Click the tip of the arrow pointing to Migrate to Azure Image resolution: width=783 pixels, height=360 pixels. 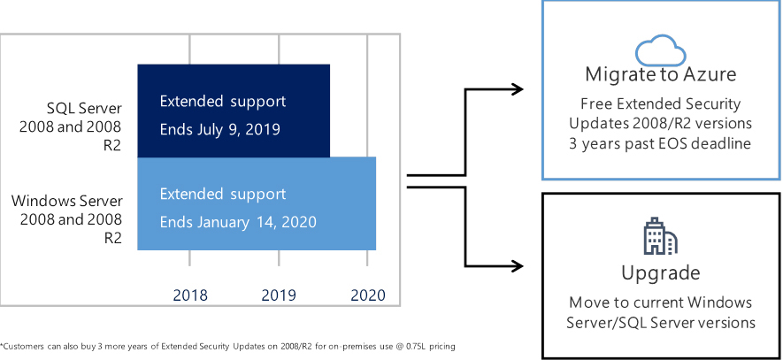click(524, 89)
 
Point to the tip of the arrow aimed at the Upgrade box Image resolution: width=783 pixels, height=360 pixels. click(524, 266)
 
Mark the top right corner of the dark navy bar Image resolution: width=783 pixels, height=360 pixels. click(330, 65)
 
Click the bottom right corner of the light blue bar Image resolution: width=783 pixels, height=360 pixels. click(376, 249)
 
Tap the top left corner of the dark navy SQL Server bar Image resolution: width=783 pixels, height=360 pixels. click(138, 65)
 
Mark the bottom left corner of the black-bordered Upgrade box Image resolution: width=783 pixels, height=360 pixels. click(543, 358)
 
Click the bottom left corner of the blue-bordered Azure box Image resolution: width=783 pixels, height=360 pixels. click(543, 179)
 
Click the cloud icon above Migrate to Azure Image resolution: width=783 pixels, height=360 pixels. click(660, 50)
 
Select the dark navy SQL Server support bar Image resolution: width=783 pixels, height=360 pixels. click(234, 111)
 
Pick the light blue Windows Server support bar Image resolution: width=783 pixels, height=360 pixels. click(257, 203)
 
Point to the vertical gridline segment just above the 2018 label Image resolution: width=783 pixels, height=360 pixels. click(189, 257)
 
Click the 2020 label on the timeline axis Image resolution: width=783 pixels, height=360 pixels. click(368, 295)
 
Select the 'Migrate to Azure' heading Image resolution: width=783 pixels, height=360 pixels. click(661, 74)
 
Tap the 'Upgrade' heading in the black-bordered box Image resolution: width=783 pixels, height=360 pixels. click(661, 273)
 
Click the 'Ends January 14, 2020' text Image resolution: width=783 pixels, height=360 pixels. click(238, 222)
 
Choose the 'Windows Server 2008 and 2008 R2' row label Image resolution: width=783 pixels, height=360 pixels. click(67, 219)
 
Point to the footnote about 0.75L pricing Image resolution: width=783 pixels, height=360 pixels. click(227, 346)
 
